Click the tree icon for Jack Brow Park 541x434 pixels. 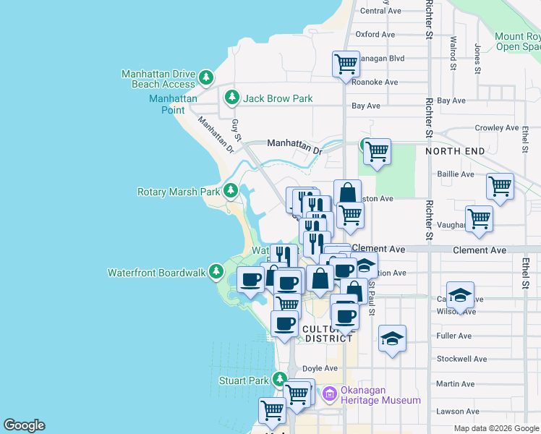coord(231,97)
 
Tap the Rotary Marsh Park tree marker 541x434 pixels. coord(231,191)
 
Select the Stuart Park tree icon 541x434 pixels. coord(280,379)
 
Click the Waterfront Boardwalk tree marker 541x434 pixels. coord(216,272)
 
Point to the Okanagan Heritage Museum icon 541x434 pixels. coord(330,394)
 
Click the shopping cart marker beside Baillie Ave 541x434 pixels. coord(500,186)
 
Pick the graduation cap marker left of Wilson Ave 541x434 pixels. coord(459,294)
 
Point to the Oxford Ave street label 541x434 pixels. coord(375,34)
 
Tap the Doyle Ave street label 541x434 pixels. coord(320,368)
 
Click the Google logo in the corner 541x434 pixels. coord(24,425)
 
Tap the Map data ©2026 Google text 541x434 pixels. coord(495,428)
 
